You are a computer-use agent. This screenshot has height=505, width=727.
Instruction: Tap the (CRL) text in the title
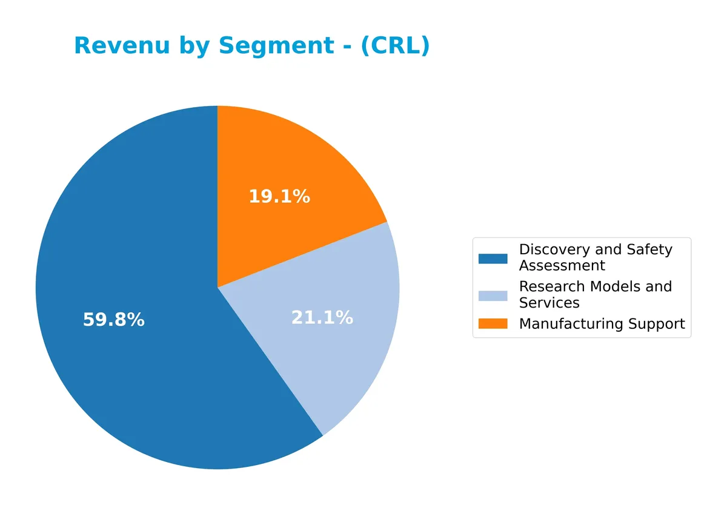[x=395, y=46]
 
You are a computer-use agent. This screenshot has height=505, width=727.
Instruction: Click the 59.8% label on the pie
[x=114, y=320]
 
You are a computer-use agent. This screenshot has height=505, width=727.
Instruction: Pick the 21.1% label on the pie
[x=322, y=317]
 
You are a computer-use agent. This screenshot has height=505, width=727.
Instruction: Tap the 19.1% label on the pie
[x=279, y=196]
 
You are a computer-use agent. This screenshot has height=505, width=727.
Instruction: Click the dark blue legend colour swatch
[x=493, y=259]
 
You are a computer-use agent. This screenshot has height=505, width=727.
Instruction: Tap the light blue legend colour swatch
[x=493, y=295]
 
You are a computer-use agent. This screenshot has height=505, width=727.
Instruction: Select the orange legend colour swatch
[x=493, y=324]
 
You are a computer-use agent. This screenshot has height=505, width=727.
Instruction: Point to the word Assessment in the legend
[x=562, y=265]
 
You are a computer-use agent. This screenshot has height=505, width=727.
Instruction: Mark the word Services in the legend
[x=549, y=302]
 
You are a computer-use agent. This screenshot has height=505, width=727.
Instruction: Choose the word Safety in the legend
[x=650, y=249]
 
